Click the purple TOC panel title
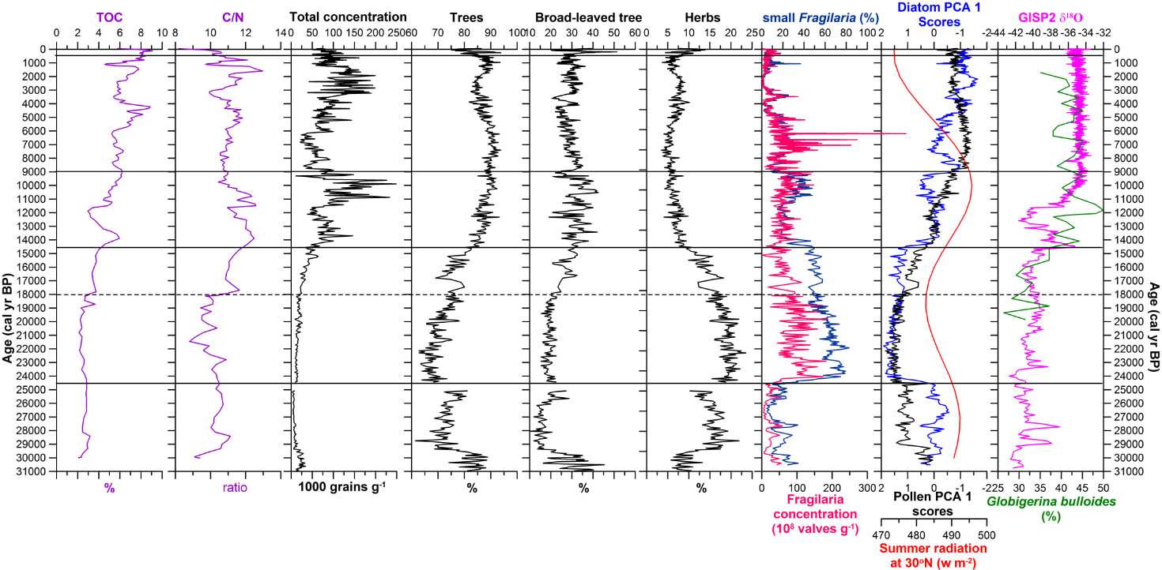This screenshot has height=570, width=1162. pos(109,17)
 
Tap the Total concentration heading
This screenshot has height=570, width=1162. pos(348,17)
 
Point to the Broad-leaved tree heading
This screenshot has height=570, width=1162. pos(583,17)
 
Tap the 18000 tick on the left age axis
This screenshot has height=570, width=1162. pos(37,294)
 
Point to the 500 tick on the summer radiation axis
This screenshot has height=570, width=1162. pos(986,534)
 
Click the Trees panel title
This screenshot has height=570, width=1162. pos(471,17)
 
